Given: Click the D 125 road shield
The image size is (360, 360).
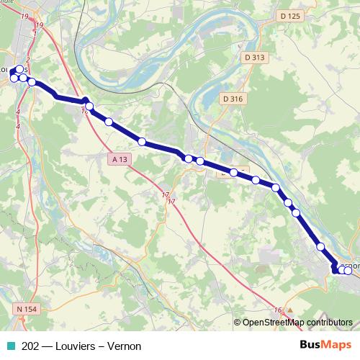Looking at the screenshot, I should pos(289,16).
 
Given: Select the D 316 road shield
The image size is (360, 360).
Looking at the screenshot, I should pos(233,99).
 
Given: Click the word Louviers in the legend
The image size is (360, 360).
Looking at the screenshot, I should pos(71,346).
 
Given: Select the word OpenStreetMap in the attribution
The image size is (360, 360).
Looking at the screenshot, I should pos(274,323).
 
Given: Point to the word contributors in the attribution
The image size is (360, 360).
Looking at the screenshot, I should pos(330,323).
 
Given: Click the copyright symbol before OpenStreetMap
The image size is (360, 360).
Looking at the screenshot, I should pos(238,323).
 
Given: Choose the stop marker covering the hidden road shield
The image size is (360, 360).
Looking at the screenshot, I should pos(234,172).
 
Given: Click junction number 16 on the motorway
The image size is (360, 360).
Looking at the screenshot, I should pos(277,310).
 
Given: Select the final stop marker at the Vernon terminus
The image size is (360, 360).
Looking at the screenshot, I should pos(348,270).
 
